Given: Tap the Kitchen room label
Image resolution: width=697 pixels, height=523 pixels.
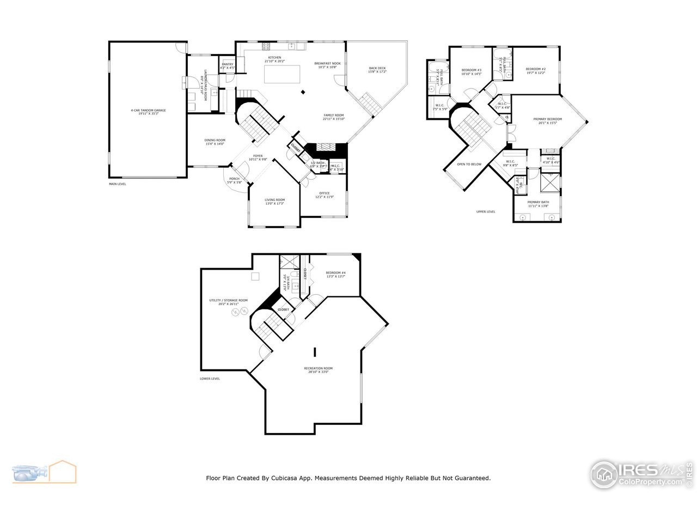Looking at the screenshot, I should coord(274,58).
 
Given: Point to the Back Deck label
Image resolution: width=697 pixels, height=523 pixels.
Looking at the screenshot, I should coord(377,69).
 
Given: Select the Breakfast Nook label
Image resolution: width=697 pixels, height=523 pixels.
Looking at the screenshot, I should coord(327,64).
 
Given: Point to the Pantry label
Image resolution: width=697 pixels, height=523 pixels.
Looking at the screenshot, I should coord(227,65).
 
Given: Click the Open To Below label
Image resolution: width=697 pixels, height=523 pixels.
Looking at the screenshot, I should coord(469,164).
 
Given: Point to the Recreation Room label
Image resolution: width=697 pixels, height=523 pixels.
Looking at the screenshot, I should coord(318,369).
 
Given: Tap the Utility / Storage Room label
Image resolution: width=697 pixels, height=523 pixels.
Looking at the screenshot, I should coord(229,301).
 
